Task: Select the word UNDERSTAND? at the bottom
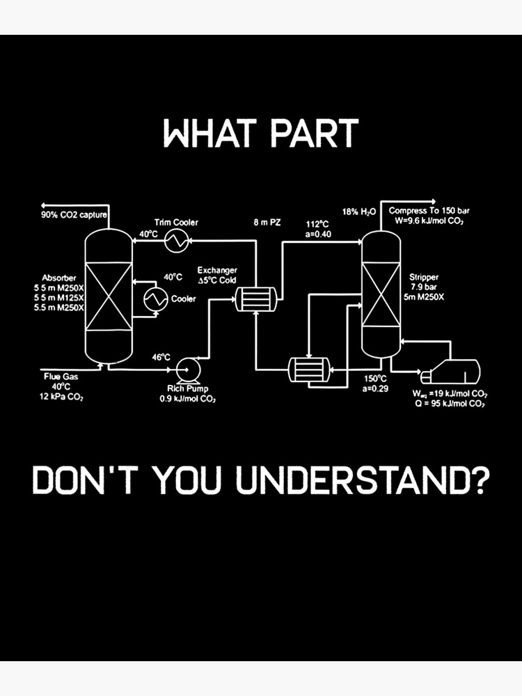pos(362,482)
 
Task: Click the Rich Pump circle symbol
pos(187,369)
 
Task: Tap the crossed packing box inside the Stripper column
pos(381,294)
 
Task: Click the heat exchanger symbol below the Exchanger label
pos(255,299)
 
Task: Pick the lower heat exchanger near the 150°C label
pos(309,369)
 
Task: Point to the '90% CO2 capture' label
pos(74,215)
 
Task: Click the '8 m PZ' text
pos(267,223)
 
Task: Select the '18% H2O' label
pos(358,211)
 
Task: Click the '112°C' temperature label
pos(317,224)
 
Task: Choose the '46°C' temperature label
pos(161,357)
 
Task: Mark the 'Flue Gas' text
pos(56,377)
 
